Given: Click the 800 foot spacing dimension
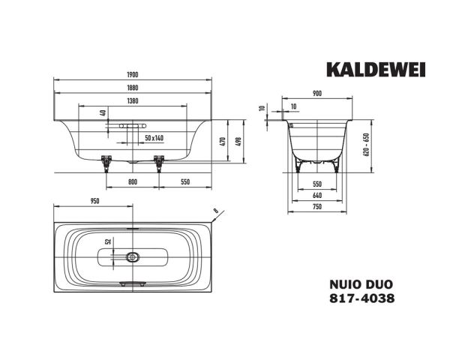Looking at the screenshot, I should pos(132,182).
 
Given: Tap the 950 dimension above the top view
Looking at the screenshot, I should pos(95,202).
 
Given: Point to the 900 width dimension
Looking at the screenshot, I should pos(317,94).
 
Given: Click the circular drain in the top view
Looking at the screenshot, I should pos(133,256).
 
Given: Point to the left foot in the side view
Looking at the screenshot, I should pos(106,162).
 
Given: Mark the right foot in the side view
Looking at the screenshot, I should pos(158,162).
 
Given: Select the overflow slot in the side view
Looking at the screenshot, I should pos(133,128).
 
